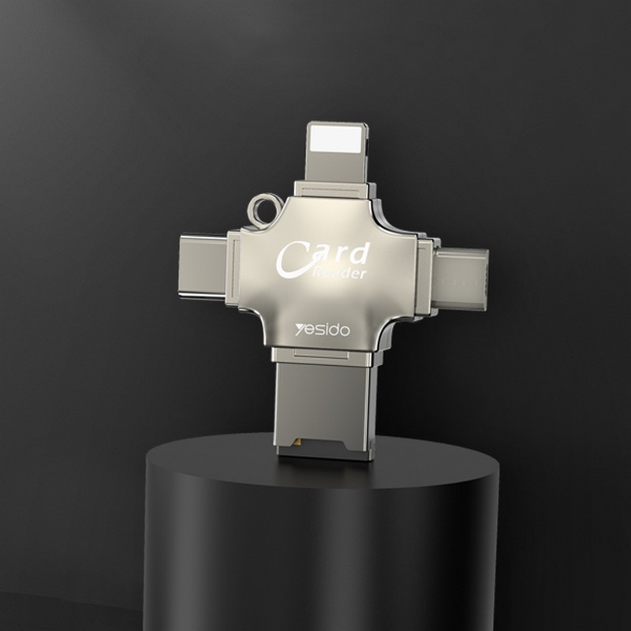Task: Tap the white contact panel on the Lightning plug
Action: pos(337,140)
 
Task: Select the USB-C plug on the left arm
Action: pos(203,267)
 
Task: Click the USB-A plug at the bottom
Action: pos(324,411)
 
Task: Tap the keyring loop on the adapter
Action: pos(264,210)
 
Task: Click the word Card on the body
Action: pos(323,258)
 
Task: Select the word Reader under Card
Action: pos(340,272)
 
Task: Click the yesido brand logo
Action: pos(323,330)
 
